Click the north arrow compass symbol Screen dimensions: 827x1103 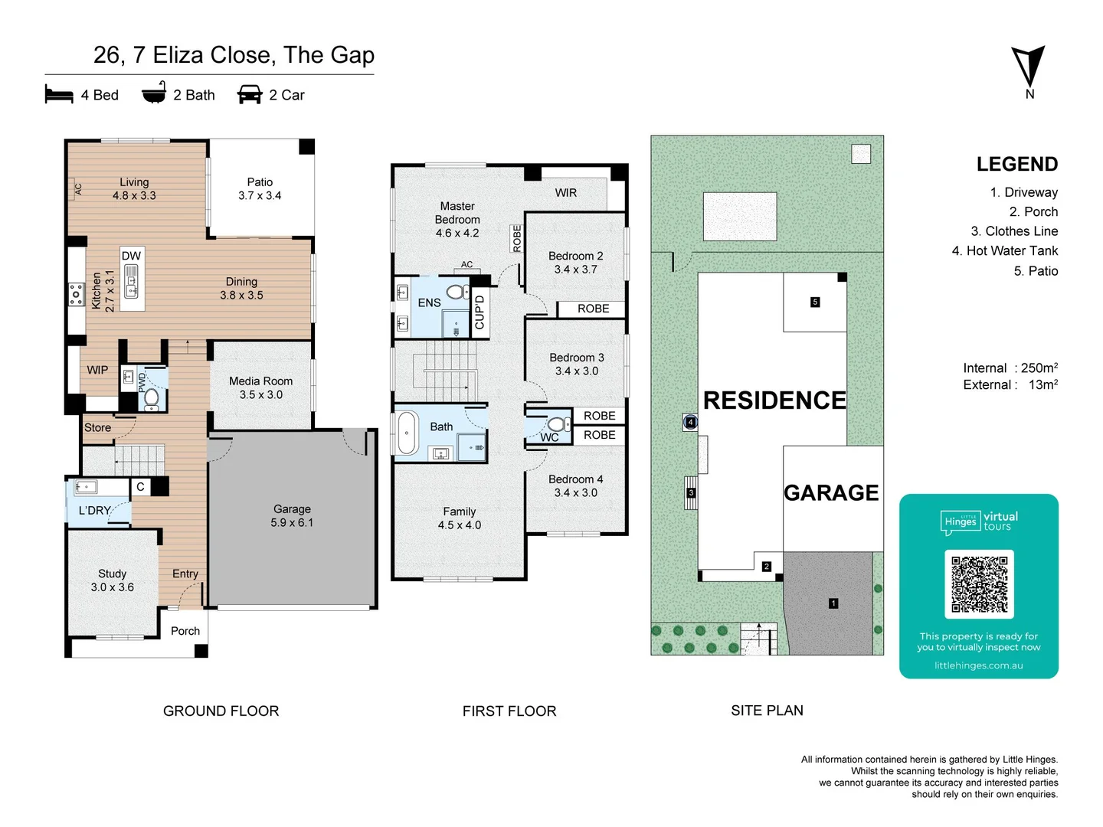coord(1029,67)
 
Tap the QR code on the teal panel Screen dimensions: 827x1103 coord(979,583)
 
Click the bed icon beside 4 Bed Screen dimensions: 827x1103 coord(59,95)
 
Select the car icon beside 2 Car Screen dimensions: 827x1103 coord(250,95)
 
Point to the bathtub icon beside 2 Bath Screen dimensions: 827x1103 coord(154,93)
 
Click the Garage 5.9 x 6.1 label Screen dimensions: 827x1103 coord(292,516)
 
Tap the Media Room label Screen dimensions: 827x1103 coord(260,387)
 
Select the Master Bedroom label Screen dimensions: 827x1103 coord(457,219)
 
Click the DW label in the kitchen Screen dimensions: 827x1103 coord(131,256)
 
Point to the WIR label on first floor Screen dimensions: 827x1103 coord(566,193)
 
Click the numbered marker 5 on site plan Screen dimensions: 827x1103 coord(815,302)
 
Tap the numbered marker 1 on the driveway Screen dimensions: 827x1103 coord(833,603)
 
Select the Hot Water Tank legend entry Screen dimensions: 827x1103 coord(1004,250)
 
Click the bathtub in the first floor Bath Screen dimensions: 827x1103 coord(407,433)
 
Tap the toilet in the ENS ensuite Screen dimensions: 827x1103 coord(457,291)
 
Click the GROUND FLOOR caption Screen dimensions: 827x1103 coord(221,711)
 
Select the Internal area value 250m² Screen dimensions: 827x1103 coord(1039,368)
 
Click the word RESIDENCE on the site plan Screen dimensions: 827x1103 coord(774,400)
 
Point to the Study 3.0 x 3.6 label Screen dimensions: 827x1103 coord(112,580)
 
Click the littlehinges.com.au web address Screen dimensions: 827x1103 coord(978,665)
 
